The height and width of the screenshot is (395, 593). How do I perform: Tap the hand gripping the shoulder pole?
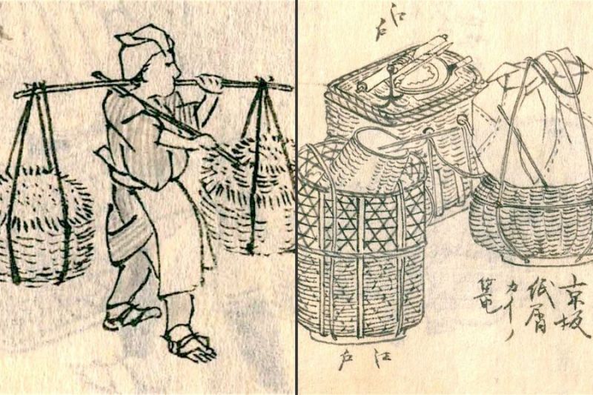pyautogui.click(x=211, y=83)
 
